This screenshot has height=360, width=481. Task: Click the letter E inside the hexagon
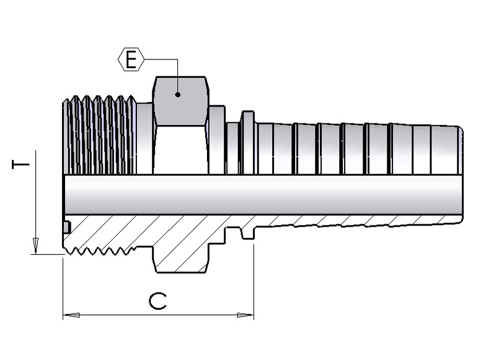pos(131,59)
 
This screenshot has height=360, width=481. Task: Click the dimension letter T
pos(20,165)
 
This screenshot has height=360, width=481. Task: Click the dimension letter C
pos(158,301)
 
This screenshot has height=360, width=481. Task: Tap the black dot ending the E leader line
pos(178,94)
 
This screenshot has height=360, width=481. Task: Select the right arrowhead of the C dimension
pos(245,315)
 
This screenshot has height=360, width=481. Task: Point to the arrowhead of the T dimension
pos(35,245)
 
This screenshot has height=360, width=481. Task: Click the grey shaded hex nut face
pos(181,101)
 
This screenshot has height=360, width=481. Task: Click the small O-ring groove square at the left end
pos(67,227)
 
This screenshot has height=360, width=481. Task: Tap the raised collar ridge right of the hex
pos(248,143)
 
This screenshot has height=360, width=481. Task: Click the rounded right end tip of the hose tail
pos(460,173)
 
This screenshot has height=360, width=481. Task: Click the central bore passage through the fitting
pos(263,195)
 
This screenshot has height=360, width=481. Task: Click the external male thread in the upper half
pos(99,135)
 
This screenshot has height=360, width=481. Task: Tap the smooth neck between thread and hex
pos(144,139)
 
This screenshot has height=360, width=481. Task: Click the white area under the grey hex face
pos(181,150)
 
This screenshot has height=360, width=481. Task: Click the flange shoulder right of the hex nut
pos(217,140)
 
